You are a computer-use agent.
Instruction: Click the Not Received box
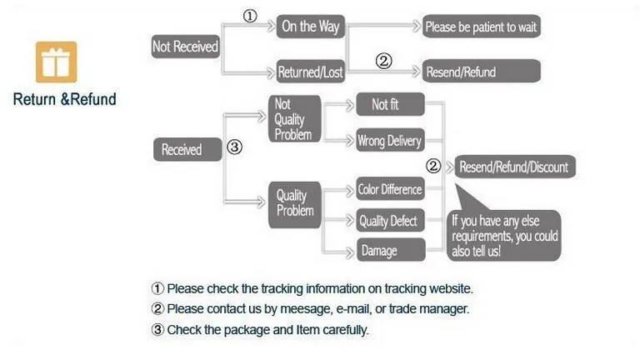[x=184, y=47]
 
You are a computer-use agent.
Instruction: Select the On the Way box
[x=310, y=27]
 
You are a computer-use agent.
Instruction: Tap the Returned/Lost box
[x=310, y=72]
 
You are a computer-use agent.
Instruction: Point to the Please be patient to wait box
[x=481, y=27]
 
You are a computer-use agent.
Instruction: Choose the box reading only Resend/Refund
[x=460, y=72]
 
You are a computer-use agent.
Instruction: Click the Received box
[x=181, y=150]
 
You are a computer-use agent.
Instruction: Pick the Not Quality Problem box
[x=293, y=119]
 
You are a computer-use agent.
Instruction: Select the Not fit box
[x=389, y=105]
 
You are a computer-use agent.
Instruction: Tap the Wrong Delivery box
[x=389, y=141]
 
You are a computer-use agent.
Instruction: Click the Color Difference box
[x=389, y=189]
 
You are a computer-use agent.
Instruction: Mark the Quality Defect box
[x=389, y=222]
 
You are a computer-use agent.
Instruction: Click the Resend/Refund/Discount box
[x=513, y=167]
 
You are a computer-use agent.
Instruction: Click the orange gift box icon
[x=56, y=62]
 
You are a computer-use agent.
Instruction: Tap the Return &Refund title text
[x=64, y=100]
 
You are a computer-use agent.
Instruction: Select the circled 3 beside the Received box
[x=235, y=147]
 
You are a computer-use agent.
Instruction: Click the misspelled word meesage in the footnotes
[x=307, y=309]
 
